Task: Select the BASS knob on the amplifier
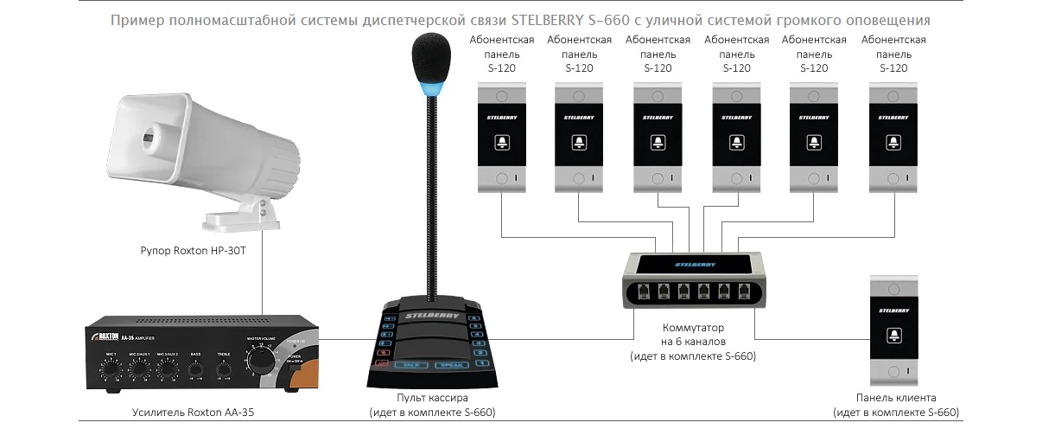[196, 368]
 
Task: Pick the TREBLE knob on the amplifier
[224, 368]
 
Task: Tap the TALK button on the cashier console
[411, 365]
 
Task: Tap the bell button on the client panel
[894, 334]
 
